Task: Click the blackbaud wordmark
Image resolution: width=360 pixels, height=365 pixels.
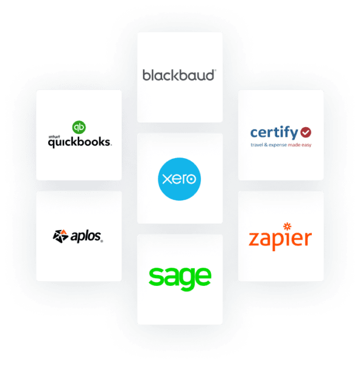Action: coord(178,75)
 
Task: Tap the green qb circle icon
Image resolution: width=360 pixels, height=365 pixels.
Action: coord(78,127)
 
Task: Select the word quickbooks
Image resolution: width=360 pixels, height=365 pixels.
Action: coord(80,142)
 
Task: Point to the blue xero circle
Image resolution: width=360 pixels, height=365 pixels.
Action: coord(179,179)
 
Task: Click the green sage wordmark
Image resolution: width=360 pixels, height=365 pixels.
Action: coord(180,277)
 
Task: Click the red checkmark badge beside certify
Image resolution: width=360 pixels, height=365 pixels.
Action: coord(306,131)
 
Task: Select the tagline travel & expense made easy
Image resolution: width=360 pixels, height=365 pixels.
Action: coord(280,145)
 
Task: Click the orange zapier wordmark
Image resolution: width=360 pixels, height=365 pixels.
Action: coord(280,238)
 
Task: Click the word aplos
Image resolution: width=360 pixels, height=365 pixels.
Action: coord(85,235)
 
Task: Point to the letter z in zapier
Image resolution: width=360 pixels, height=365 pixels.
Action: coord(255,238)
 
